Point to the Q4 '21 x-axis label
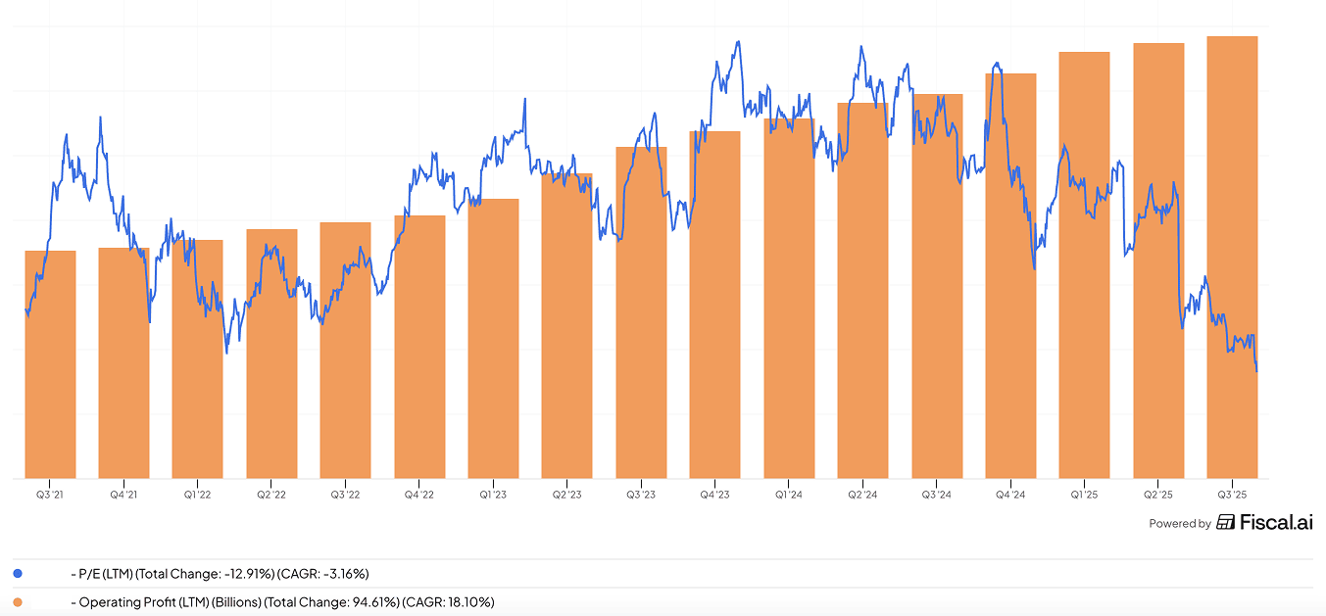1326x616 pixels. pos(123,495)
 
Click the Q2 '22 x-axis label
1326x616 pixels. pos(271,495)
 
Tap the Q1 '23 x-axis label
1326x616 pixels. pos(493,495)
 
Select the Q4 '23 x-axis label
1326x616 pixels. pos(714,495)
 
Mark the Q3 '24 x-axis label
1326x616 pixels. pos(936,495)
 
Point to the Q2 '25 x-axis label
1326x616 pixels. pos(1158,495)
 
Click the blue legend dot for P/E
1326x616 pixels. pos(18,574)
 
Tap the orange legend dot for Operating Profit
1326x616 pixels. pos(18,601)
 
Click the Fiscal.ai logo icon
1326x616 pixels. pos(1225,522)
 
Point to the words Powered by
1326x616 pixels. pos(1179,524)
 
